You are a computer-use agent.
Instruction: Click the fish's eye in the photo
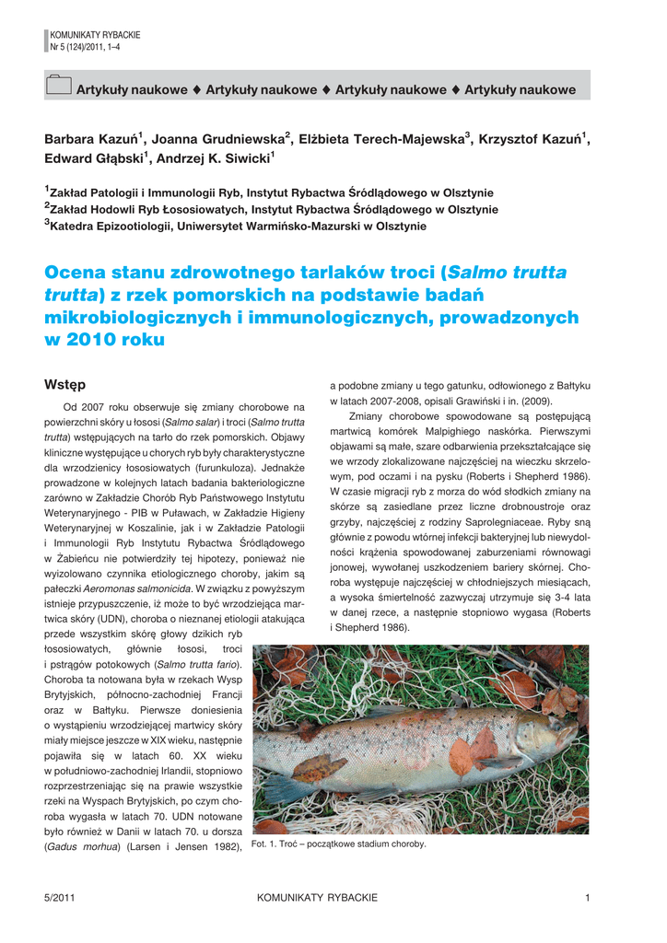555,727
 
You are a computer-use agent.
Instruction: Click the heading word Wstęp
65,383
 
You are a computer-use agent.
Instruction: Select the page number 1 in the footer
587,898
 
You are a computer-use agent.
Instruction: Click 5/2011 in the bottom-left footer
59,898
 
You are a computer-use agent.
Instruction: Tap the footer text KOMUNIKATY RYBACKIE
317,898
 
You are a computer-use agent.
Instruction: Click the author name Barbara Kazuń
90,139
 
